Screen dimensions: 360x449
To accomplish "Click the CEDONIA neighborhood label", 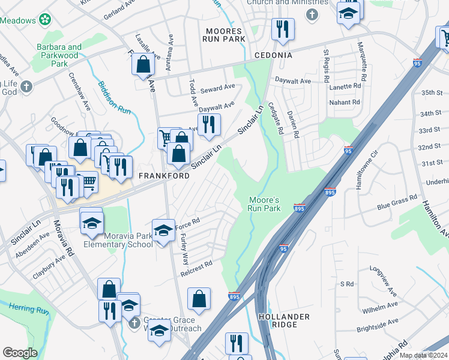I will [273, 55].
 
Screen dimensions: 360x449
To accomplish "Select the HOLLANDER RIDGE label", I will [283, 320].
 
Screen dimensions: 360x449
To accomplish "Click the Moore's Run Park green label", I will [264, 204].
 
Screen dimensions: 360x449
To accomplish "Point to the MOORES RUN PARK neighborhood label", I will [224, 35].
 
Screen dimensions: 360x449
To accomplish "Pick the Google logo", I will [20, 353].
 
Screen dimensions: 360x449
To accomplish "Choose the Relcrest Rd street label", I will [197, 267].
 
